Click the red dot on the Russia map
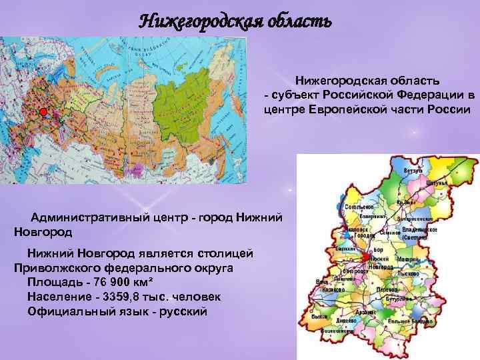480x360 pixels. click(43, 111)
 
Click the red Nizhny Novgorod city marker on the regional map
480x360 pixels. click(366, 257)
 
